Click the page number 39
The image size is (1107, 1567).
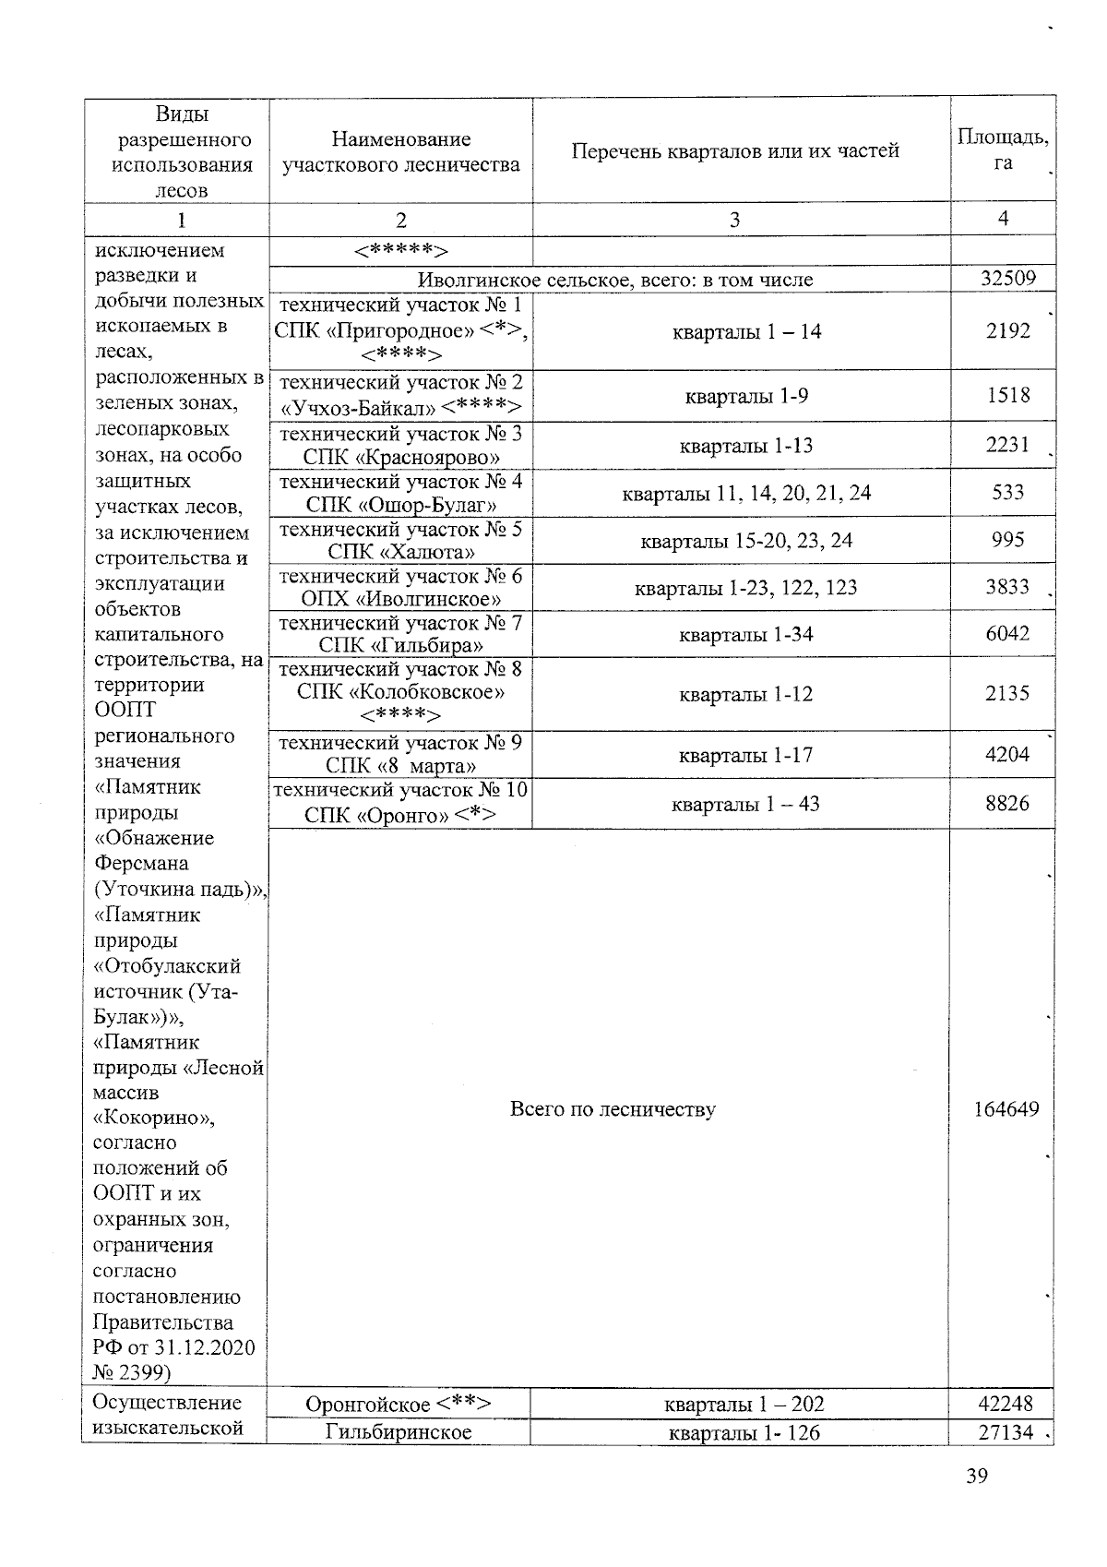976,1476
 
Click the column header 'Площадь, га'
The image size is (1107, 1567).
1002,150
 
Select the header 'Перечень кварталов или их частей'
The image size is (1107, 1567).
734,150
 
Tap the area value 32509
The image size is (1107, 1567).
1007,278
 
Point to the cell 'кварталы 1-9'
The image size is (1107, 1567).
746,396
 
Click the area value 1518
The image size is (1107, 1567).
1007,395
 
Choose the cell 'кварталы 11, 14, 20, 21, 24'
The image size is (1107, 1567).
746,493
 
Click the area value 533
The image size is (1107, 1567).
1007,492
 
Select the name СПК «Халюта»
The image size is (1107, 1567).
401,552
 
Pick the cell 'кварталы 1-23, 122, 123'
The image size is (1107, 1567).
745,588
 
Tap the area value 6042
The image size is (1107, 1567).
1007,634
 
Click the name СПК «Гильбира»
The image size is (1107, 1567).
401,645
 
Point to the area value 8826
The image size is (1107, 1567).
1007,803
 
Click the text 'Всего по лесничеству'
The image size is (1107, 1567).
612,1109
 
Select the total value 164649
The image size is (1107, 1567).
1006,1109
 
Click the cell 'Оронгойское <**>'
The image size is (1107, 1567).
398,1405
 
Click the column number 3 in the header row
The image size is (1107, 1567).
733,220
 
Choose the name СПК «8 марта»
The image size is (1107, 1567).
401,766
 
